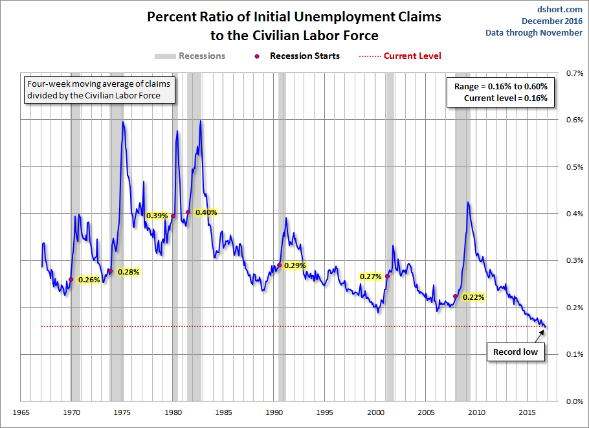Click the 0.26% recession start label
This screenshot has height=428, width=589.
tap(89, 280)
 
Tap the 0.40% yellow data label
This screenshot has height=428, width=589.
tap(206, 212)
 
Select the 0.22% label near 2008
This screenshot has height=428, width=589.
tap(472, 297)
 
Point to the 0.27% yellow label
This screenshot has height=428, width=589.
tap(371, 276)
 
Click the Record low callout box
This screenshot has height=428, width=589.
tap(515, 352)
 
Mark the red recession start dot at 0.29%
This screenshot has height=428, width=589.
tap(279, 265)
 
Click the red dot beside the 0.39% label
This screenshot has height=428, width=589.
tap(173, 216)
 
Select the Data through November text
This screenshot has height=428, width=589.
tap(534, 33)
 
